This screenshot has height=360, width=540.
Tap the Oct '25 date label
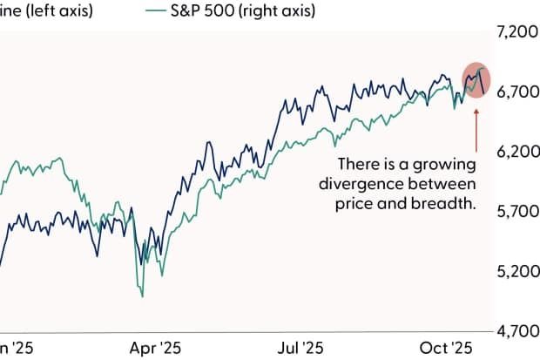click(446, 347)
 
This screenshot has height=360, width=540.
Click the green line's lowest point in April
click(142, 296)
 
